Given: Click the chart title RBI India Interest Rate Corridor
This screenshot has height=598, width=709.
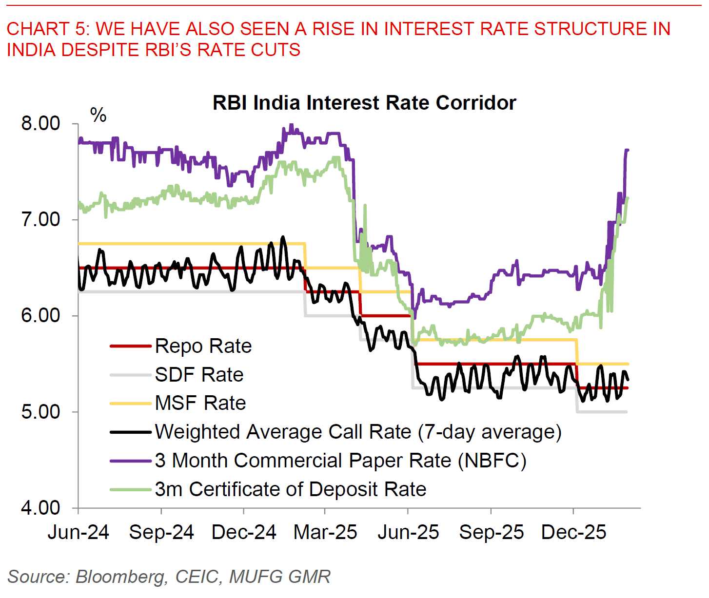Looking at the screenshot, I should coord(364,103).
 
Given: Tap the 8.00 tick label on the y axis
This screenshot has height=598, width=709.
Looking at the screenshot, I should coord(41,123).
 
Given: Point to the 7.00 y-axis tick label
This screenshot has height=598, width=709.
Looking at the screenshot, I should coord(41,219).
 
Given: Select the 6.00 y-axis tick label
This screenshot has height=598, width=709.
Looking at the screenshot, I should coord(41,315).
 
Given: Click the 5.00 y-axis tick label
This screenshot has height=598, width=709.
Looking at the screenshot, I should coord(41,411).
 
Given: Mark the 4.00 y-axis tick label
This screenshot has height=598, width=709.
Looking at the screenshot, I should coord(41,507).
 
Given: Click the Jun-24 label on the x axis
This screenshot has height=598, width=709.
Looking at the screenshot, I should coord(79,532).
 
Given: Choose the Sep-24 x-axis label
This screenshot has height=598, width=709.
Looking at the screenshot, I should coord(161,532).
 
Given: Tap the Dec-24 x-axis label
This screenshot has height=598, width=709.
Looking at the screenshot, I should coord(244,532).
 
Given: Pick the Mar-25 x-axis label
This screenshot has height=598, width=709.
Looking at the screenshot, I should coord(325,532).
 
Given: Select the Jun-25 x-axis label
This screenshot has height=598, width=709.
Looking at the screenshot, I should coord(408,532).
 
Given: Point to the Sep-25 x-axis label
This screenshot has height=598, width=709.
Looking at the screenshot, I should coord(491,532).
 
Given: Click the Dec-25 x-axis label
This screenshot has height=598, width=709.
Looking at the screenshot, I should coord(574,532).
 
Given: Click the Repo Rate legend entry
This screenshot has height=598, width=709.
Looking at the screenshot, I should coord(203,346).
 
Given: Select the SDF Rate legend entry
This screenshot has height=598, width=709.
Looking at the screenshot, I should coord(199,375).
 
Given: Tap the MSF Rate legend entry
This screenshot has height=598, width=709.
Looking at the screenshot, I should coord(200,403).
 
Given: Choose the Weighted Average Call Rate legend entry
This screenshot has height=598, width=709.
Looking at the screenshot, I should coord(358,432).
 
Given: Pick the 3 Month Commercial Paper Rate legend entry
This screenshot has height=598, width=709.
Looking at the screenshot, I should coord(340,461).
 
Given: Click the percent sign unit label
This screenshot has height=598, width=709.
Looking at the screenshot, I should coord(98,116).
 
